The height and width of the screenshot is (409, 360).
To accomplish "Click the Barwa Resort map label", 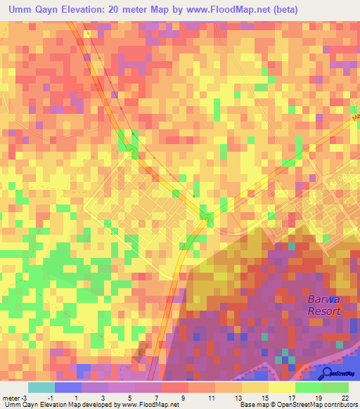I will pos(324,305).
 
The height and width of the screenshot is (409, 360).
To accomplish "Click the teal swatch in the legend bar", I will pos(41,387).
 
